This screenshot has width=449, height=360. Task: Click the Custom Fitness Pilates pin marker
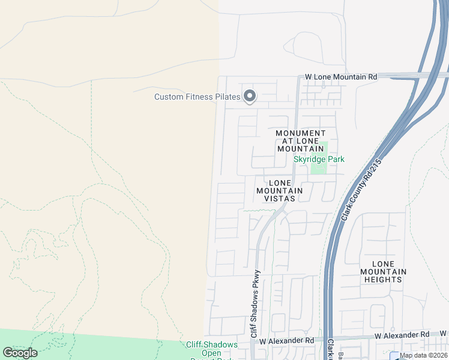[249, 96]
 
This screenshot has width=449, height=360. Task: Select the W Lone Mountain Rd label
[341, 77]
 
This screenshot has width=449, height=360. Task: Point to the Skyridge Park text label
[319, 159]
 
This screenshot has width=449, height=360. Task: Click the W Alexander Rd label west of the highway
[287, 340]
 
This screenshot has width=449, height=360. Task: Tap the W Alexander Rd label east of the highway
[402, 334]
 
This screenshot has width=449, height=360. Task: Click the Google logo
[20, 353]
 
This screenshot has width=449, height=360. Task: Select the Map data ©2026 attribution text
[423, 355]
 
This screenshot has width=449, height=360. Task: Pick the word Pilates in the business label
[227, 97]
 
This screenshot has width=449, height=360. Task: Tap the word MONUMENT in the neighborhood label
[301, 133]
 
